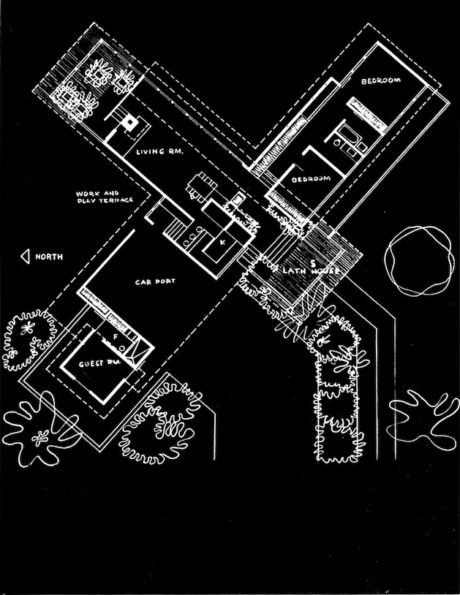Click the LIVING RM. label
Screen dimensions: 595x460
[158, 152]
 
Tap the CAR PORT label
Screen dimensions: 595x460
[152, 281]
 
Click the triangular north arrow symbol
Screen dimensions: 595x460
[25, 257]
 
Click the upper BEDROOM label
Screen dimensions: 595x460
[380, 82]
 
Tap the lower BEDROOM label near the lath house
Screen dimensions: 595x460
[311, 179]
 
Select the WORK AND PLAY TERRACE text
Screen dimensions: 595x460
[104, 197]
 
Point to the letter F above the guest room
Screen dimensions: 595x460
[115, 335]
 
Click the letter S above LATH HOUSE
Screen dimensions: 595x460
[312, 261]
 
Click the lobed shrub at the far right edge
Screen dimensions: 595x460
[422, 414]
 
